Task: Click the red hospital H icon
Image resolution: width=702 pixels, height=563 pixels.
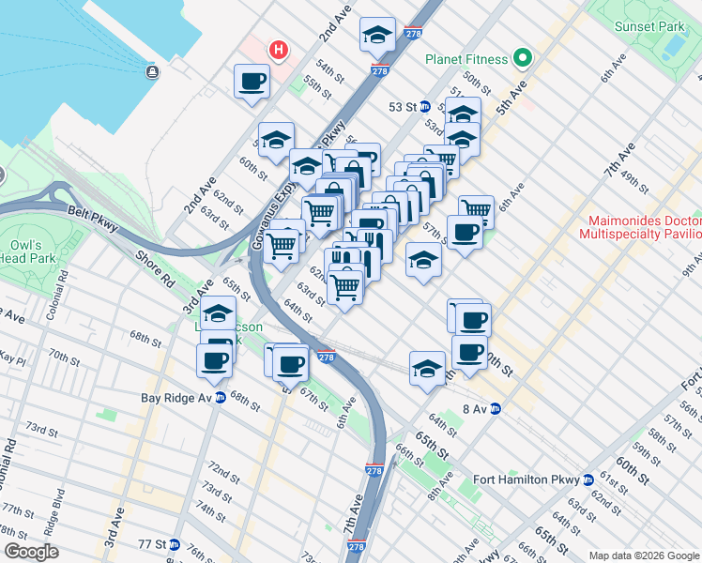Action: click(x=278, y=50)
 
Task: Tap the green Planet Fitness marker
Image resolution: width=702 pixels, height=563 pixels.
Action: click(x=523, y=59)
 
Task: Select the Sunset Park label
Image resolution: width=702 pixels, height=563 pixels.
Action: click(x=649, y=26)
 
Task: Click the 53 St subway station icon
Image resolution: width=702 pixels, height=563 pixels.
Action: click(x=424, y=107)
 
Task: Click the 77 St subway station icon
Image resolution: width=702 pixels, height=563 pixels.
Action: click(x=175, y=544)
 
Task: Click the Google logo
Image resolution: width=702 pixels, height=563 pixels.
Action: click(x=31, y=552)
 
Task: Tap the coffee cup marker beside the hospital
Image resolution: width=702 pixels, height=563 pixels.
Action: click(x=252, y=82)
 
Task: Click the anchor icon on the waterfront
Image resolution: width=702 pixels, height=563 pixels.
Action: click(x=152, y=71)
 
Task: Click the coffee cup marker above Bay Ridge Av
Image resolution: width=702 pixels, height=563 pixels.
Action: click(x=214, y=360)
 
